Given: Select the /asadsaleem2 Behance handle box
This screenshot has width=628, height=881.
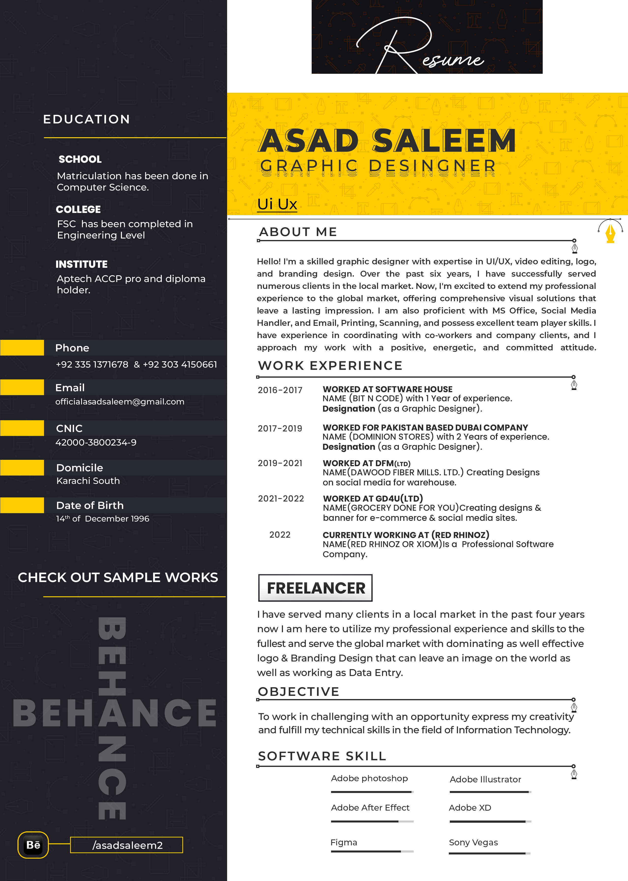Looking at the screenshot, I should [126, 845].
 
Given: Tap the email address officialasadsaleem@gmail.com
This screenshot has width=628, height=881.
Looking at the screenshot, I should [120, 402].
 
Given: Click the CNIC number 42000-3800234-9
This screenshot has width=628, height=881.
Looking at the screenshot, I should [96, 442].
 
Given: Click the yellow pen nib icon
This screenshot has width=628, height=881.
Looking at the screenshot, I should [610, 233].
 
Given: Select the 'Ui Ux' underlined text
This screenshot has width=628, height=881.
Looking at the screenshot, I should [277, 204].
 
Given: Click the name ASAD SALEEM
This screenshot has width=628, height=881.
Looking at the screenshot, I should [387, 141].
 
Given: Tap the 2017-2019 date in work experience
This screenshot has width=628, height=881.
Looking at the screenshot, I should [280, 429].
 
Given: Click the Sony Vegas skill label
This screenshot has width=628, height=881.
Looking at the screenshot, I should [473, 842].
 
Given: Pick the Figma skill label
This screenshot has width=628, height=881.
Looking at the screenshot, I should [344, 842].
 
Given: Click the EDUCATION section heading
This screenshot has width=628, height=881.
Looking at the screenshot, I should [87, 119].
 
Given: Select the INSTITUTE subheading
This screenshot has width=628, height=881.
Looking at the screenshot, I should [82, 264].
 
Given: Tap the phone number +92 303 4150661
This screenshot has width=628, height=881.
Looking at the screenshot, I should [180, 364].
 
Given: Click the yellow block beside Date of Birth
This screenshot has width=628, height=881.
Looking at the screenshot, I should [22, 505].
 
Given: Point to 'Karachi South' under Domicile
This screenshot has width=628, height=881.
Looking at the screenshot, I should [88, 481].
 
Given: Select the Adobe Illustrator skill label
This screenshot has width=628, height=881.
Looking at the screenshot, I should [485, 779].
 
